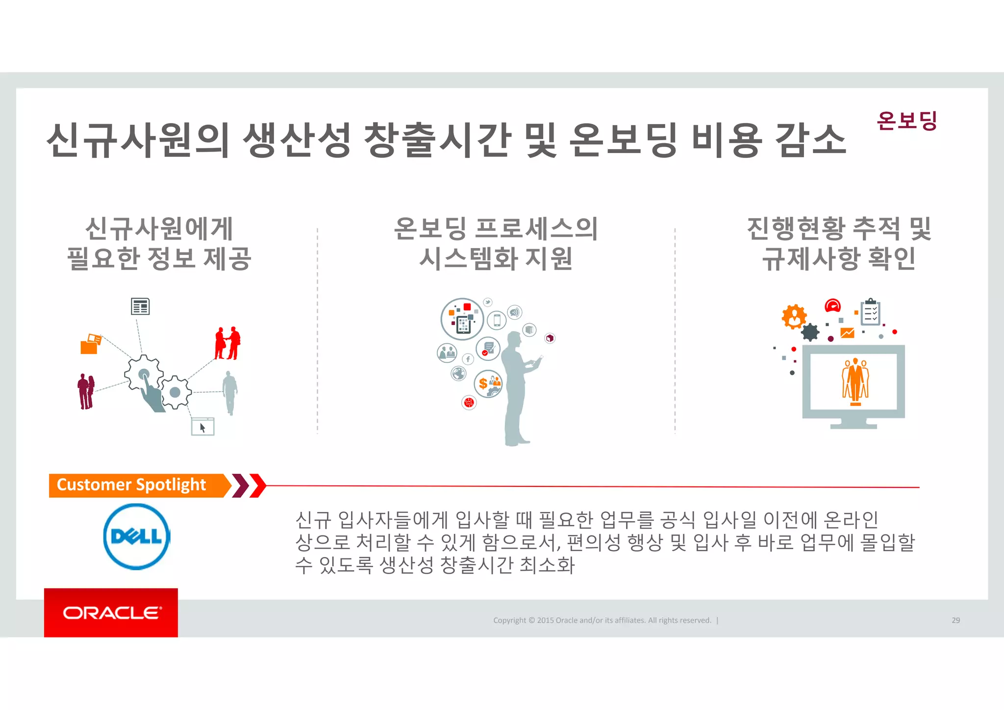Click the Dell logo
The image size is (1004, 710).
[x=136, y=536]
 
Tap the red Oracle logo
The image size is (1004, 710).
[x=111, y=612]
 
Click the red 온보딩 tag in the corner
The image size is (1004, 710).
[x=906, y=121]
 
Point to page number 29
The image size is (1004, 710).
[x=955, y=620]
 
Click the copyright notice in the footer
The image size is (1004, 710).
[x=602, y=620]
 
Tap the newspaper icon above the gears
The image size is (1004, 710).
[x=140, y=306]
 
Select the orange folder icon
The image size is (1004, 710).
[x=90, y=344]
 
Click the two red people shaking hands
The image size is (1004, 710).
[x=227, y=343]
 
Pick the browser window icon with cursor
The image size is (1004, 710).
[x=202, y=427]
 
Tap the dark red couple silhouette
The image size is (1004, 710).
[x=86, y=391]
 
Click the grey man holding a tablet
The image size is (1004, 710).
[x=517, y=387]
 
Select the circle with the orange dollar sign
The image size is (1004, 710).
[x=488, y=383]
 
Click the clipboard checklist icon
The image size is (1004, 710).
[x=871, y=312]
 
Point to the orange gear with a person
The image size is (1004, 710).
[x=794, y=316]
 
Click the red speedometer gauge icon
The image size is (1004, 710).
[x=832, y=306]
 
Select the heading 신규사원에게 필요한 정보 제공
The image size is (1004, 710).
[x=159, y=244]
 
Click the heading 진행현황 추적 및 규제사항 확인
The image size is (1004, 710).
[x=839, y=244]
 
